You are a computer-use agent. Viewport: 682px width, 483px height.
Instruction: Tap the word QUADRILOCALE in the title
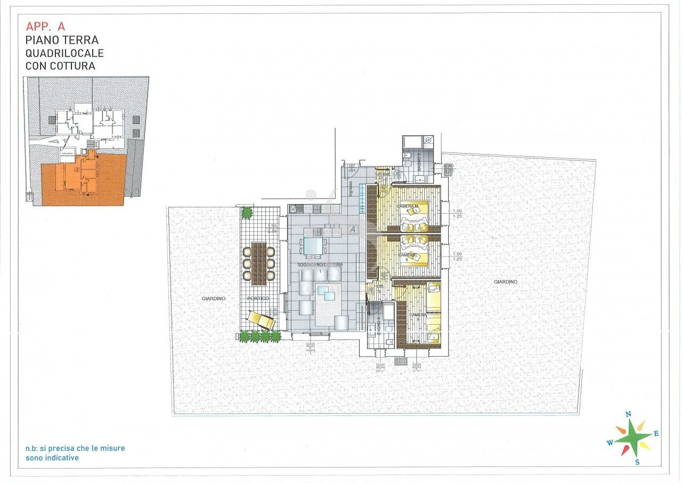pos(64,53)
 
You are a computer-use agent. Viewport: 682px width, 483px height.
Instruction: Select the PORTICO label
pos(258,298)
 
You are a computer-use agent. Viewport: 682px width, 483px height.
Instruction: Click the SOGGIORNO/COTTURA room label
pos(320,265)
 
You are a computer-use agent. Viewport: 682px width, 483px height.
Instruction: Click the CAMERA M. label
pos(409,206)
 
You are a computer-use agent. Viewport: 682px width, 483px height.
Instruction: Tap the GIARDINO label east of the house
pos(506,281)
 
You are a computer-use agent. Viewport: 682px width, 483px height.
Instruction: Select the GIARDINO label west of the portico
pos(214,299)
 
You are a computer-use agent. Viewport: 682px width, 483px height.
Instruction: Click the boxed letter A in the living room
pos(352,230)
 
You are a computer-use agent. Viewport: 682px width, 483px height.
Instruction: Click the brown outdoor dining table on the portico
pos(259,261)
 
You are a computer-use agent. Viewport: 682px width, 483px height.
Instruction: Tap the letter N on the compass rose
pos(628,414)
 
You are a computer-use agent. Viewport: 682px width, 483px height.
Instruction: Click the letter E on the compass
pos(656,434)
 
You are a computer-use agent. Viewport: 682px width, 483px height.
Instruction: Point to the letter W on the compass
pos(610,442)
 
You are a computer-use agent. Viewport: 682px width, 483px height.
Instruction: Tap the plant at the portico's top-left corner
pos(247,213)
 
